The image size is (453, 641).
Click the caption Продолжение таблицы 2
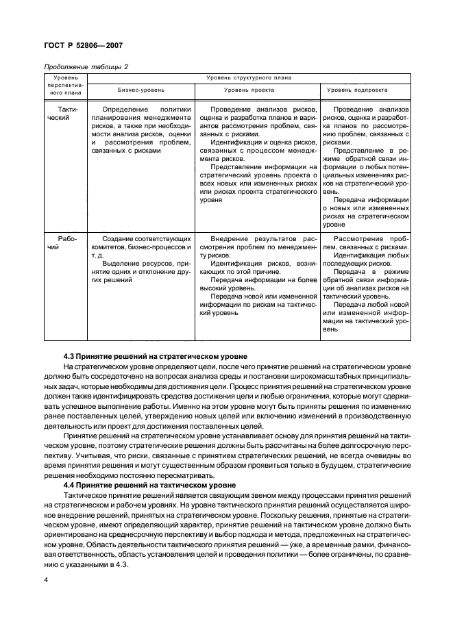(x=86, y=66)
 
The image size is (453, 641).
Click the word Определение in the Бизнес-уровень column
(x=124, y=110)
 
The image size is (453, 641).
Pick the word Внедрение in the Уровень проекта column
(x=231, y=239)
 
